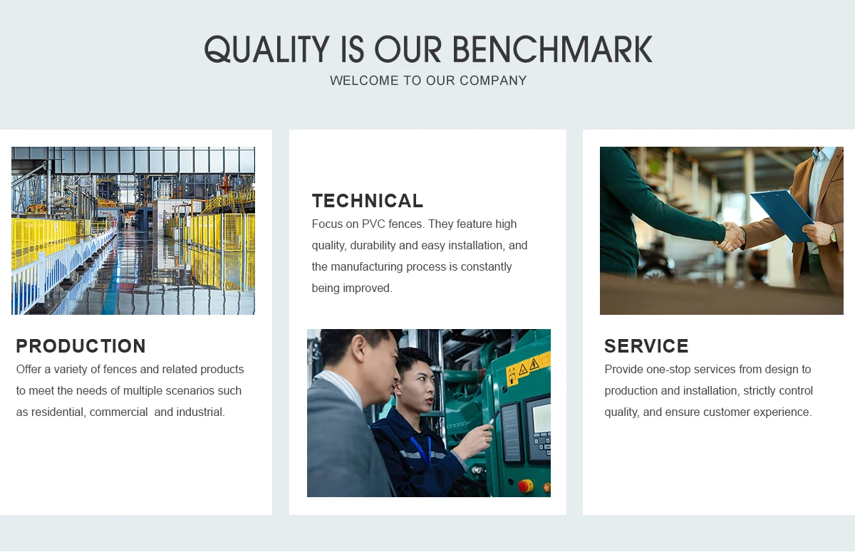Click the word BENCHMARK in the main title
coord(552,49)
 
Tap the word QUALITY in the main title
coord(266,49)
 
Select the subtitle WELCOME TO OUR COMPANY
coord(428,80)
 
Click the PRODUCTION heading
coord(81,346)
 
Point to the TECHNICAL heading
coord(368,201)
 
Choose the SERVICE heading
coord(646,346)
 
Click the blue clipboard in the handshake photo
coord(782,216)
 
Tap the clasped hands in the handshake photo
coord(731,237)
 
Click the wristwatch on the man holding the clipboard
coord(832,234)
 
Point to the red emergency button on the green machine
coord(526,486)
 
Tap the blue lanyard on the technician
coord(422,450)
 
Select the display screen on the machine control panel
coord(541,418)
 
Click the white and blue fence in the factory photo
coord(61,275)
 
